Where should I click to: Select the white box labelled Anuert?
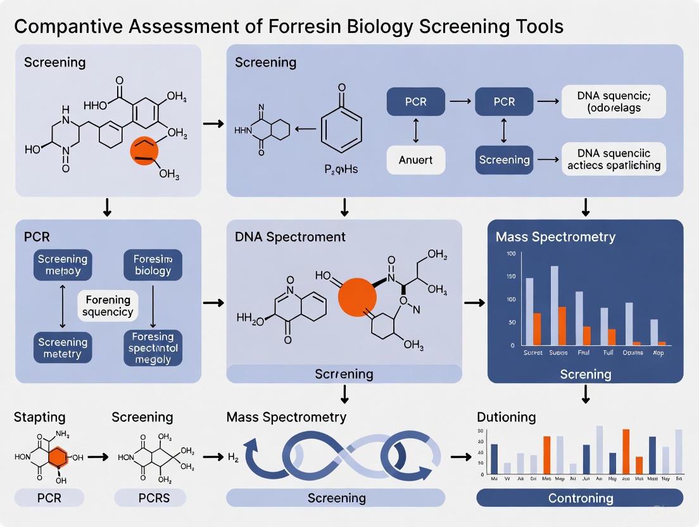coord(415,160)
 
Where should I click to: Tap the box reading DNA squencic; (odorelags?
coord(614,101)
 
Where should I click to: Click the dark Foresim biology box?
coord(153,265)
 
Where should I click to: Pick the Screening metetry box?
coord(62,348)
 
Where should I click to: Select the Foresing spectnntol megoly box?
coord(153,347)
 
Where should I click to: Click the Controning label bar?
coord(580,498)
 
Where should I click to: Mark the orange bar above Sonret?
coord(537,329)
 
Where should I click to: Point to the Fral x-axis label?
coord(582,352)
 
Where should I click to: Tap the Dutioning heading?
coord(506,417)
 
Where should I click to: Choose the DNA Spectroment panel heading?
coord(290,237)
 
